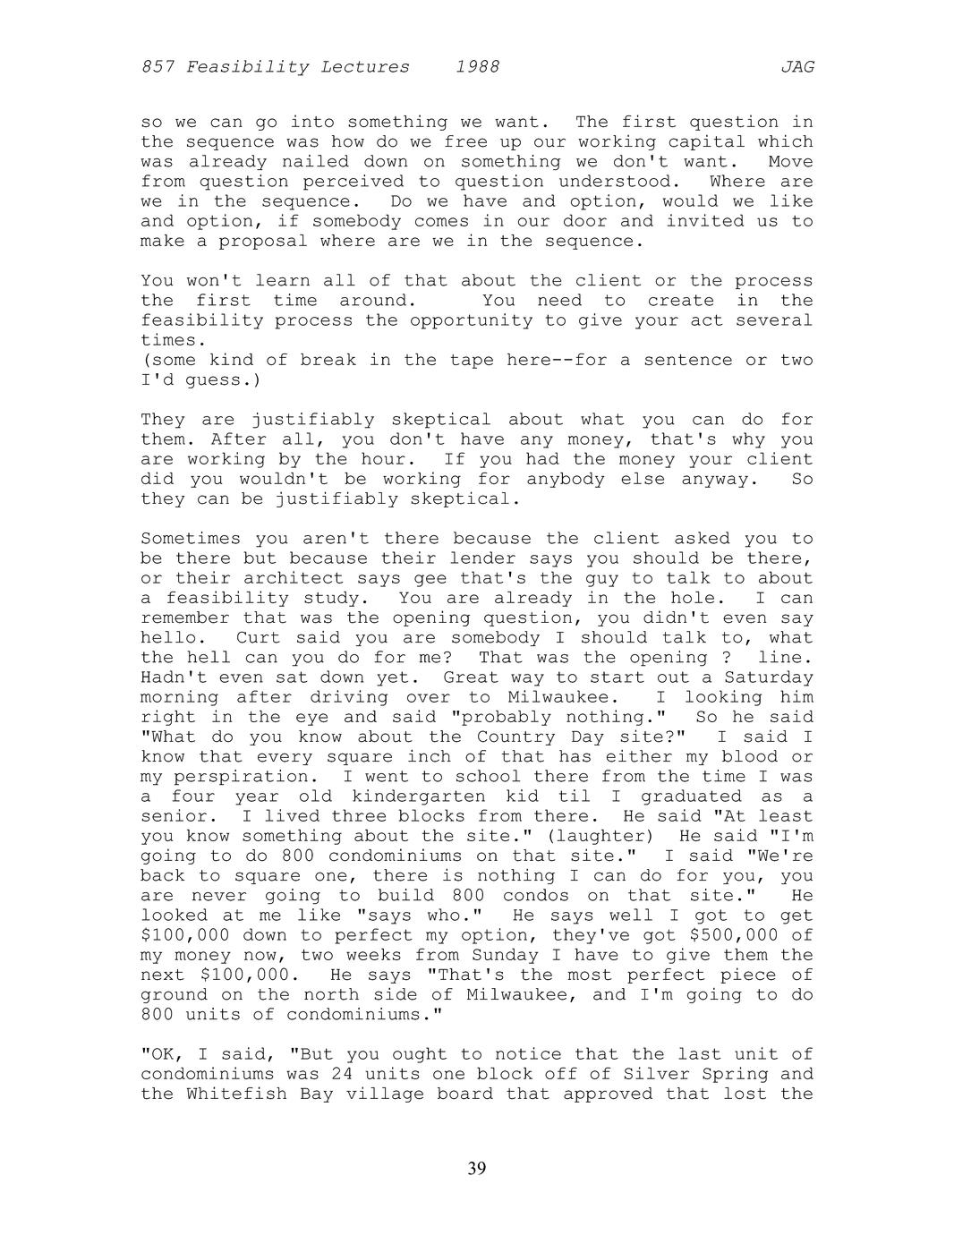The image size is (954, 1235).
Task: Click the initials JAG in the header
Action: (796, 67)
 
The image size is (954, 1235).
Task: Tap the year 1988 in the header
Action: (477, 67)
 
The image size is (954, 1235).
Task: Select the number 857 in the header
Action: (158, 67)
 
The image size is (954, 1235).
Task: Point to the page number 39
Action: (477, 1169)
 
